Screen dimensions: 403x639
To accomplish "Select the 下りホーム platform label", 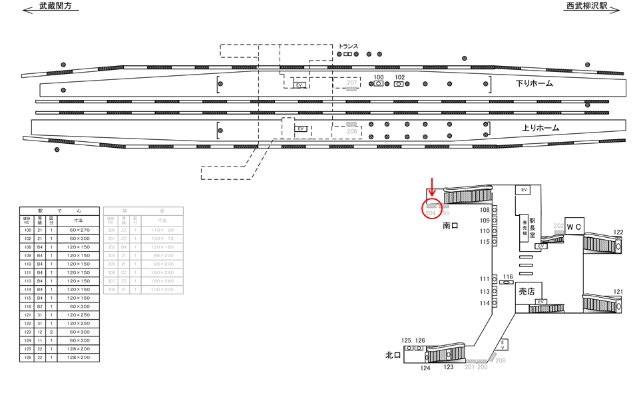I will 534,85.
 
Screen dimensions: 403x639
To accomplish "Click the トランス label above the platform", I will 348,46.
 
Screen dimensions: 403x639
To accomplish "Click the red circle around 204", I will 431,209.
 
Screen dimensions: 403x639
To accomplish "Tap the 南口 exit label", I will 451,226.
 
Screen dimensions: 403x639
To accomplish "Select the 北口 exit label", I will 393,355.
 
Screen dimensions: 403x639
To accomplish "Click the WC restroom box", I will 574,226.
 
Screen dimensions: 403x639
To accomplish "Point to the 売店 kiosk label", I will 527,291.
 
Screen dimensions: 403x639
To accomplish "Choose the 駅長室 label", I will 532,226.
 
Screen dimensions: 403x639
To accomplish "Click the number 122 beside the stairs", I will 618,232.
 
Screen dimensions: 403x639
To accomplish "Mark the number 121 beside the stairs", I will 618,292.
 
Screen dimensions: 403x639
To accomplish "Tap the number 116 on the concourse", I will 509,276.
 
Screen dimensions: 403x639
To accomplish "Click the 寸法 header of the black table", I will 78,219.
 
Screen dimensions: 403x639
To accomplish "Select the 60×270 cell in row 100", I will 78,229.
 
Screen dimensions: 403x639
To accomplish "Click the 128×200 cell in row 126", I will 78,358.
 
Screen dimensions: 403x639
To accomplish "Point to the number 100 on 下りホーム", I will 379,77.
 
